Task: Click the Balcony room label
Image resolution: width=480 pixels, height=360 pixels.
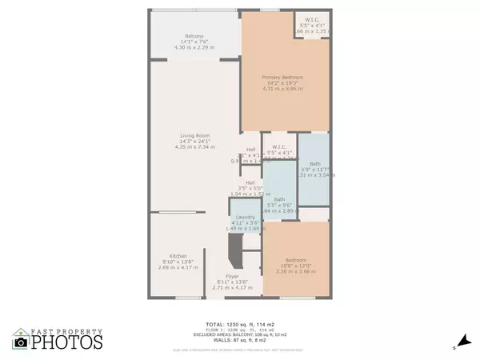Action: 194,36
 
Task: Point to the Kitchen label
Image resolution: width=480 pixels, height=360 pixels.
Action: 178,256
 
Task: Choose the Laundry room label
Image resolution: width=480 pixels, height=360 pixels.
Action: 245,216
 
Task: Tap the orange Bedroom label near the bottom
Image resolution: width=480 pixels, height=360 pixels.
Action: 296,260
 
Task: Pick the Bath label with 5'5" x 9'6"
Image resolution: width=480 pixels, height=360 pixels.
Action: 279,199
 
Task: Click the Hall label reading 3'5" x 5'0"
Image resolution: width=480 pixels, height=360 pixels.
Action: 250,182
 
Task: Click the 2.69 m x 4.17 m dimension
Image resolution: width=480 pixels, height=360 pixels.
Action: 179,269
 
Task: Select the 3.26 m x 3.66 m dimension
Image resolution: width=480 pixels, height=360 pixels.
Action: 297,272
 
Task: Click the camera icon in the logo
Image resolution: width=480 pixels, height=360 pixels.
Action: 22,342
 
